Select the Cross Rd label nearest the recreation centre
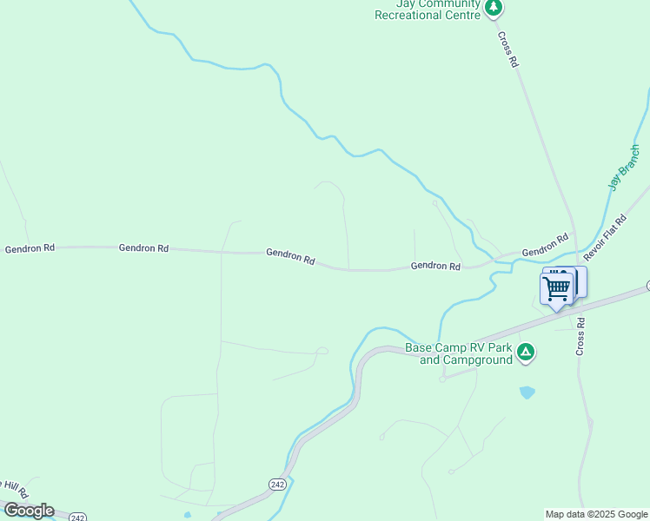508,49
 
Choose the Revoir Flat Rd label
605,239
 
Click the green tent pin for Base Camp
525,353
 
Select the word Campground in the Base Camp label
477,359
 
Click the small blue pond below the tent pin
527,392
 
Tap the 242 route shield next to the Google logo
77,517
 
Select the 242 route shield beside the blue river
277,484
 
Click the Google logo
29,511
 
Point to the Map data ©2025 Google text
597,514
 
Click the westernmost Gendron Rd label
30,248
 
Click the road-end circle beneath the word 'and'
442,379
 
